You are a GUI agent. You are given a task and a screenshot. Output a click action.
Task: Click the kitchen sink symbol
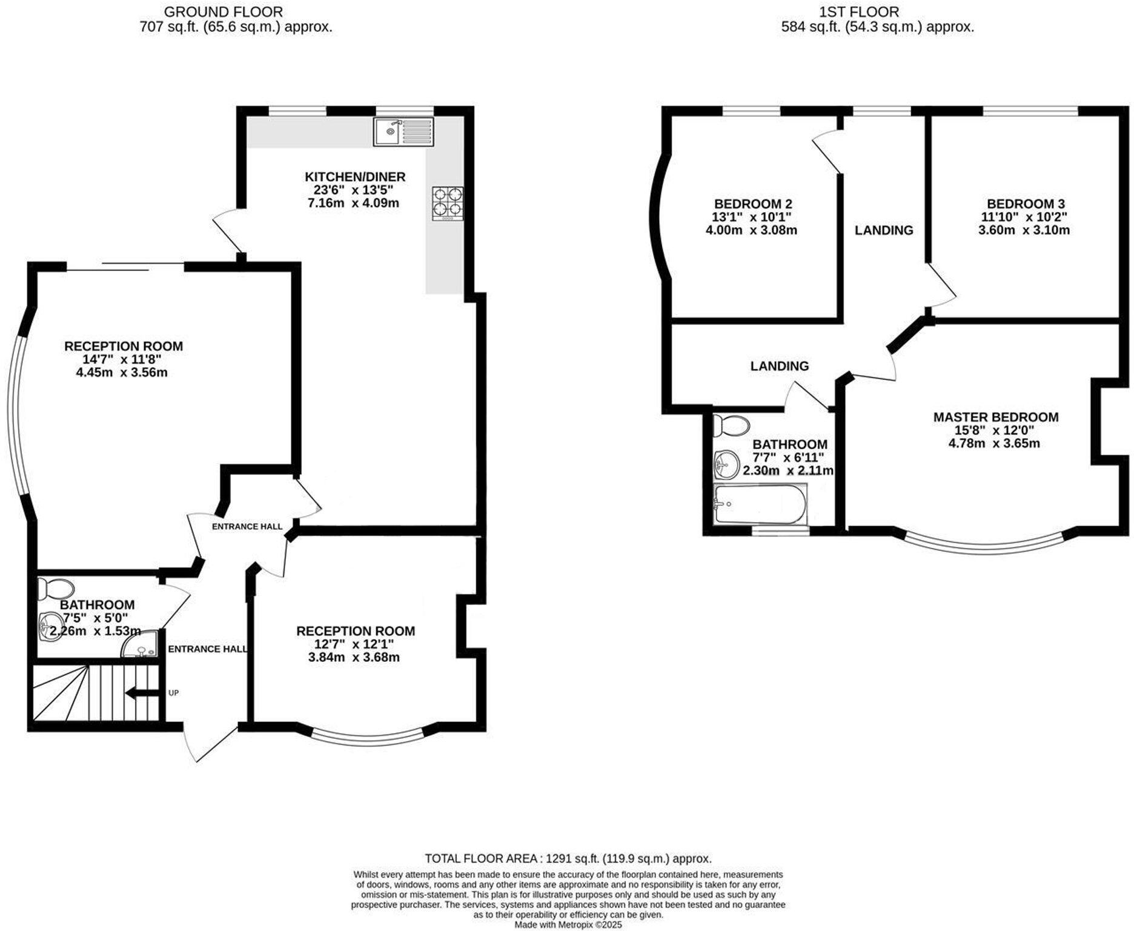click(x=403, y=132)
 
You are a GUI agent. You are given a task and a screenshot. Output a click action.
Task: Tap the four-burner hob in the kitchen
click(x=448, y=203)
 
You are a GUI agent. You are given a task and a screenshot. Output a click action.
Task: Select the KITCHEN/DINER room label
click(x=354, y=177)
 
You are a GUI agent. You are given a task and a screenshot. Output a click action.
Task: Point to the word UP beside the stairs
click(x=174, y=693)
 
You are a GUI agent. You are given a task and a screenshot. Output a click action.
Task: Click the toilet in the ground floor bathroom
click(x=56, y=588)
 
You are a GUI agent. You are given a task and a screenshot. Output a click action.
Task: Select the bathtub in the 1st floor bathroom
click(x=760, y=504)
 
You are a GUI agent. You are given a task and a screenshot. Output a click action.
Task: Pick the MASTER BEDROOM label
click(x=995, y=417)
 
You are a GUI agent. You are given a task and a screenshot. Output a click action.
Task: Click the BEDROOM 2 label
click(x=752, y=204)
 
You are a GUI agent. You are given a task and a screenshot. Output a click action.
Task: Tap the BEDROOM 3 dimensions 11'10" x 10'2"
click(x=1024, y=217)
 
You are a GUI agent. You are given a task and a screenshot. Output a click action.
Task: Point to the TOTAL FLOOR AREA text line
click(x=568, y=858)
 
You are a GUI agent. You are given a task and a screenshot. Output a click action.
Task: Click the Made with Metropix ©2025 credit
click(x=568, y=925)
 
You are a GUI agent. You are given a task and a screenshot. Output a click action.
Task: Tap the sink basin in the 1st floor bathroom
click(x=726, y=464)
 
